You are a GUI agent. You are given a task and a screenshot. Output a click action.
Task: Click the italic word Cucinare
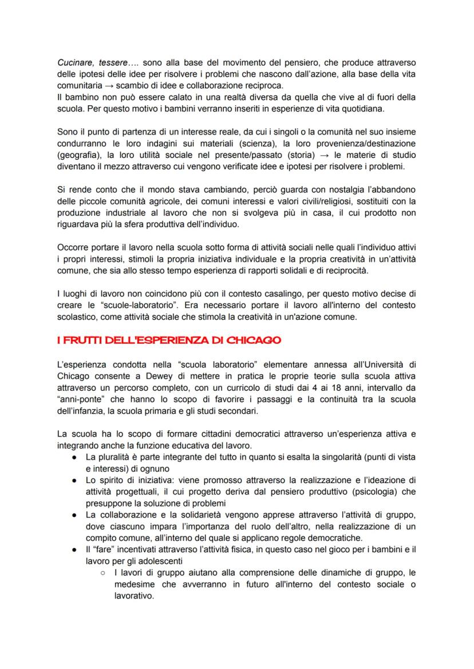pos(76,61)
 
